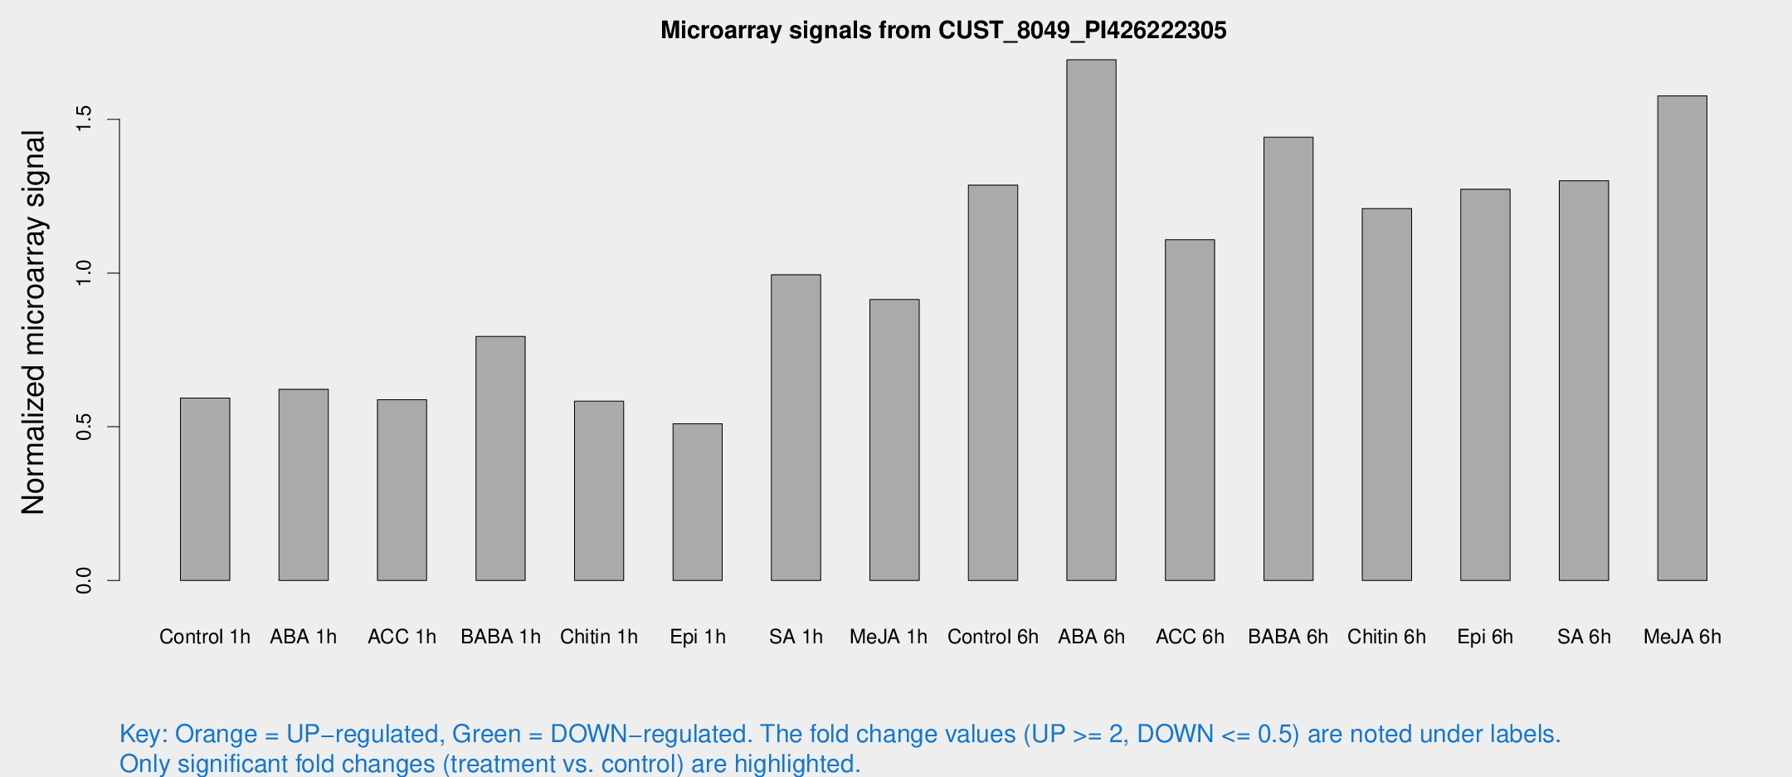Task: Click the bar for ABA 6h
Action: (x=1091, y=320)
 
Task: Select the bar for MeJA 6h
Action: (x=1682, y=338)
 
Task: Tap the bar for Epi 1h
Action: (x=697, y=502)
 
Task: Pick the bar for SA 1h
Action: (x=796, y=428)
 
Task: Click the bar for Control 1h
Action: (x=205, y=489)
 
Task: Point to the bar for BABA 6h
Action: (x=1288, y=359)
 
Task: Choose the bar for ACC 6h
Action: (x=1190, y=410)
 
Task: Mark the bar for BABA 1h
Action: (x=500, y=458)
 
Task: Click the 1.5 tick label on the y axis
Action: (x=84, y=120)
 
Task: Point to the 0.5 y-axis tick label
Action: (x=84, y=427)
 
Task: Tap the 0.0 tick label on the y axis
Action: (x=84, y=580)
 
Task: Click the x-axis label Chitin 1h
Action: (x=599, y=637)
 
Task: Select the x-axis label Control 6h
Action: (x=993, y=637)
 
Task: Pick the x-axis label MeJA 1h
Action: (x=889, y=637)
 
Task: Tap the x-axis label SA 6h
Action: (x=1584, y=637)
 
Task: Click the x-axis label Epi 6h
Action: (x=1485, y=637)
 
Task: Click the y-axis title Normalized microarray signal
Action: (x=33, y=322)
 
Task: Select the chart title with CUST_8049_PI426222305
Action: (x=943, y=31)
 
